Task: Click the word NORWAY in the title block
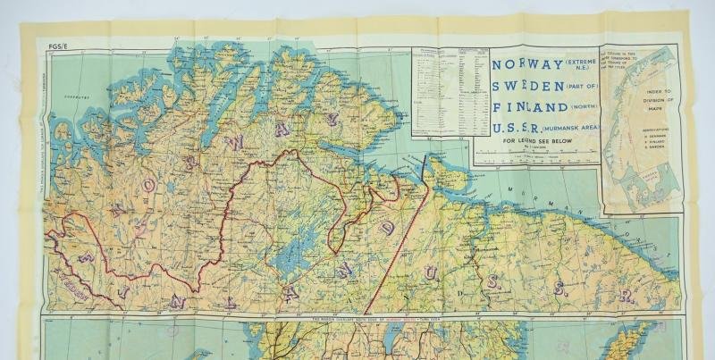[x=526, y=64]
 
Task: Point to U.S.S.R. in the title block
[x=519, y=129]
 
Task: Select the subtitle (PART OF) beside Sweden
[x=580, y=86]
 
